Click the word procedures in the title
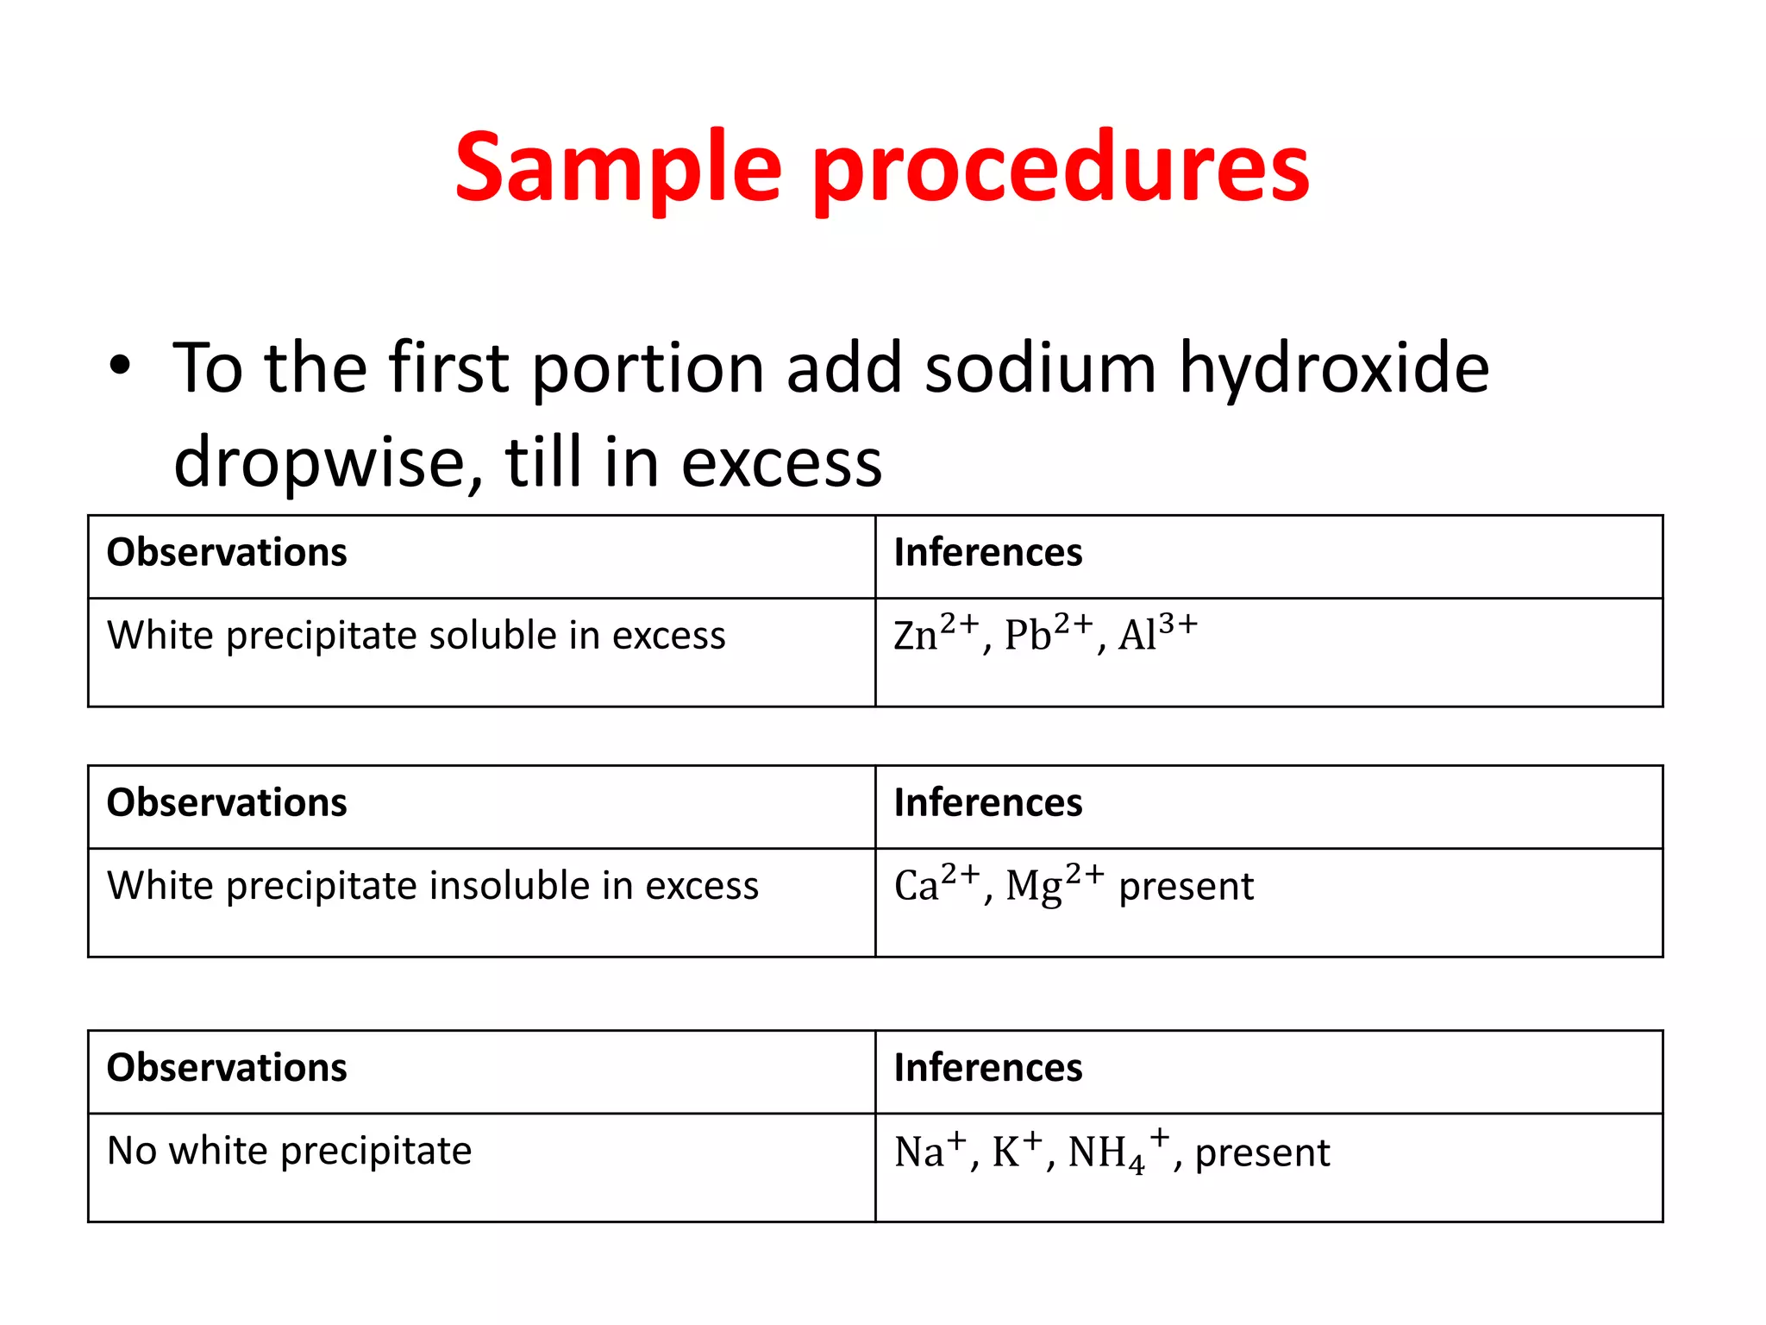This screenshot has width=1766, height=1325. click(x=1061, y=168)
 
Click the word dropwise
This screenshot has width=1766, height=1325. click(x=328, y=462)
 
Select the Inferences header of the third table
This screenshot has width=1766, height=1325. click(x=987, y=1068)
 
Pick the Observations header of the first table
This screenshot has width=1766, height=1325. click(x=227, y=552)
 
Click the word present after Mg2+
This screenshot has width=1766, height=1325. click(x=1186, y=887)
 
